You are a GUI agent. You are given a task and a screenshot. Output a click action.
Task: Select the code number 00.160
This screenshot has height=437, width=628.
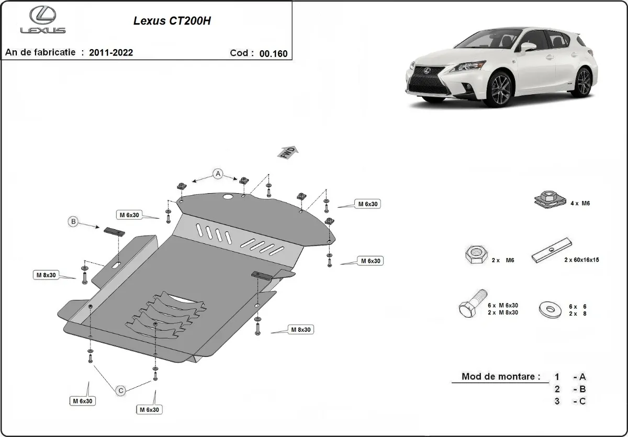[273, 53]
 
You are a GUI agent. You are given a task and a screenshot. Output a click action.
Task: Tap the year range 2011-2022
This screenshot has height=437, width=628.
[111, 53]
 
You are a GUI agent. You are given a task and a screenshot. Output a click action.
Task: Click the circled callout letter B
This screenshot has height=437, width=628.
[74, 222]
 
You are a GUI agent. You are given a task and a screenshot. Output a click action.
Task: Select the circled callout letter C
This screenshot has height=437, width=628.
[120, 390]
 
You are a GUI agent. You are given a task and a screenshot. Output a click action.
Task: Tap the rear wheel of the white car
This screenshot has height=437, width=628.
[582, 81]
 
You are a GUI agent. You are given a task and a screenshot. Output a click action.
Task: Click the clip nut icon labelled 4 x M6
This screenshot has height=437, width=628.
[547, 199]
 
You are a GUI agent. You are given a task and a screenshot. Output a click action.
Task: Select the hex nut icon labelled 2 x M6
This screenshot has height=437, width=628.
[475, 255]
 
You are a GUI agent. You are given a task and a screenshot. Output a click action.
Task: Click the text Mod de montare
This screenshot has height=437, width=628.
[500, 376]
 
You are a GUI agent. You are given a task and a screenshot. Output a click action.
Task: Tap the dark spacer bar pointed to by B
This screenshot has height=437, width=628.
[114, 232]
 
